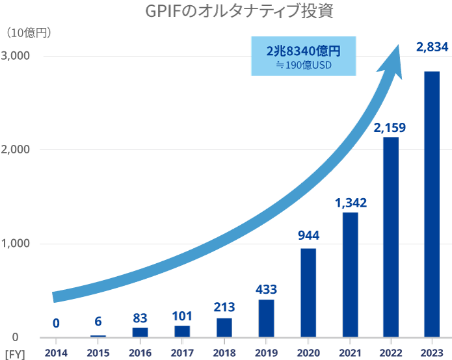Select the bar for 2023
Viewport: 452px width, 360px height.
point(432,204)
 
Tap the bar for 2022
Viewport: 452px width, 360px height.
point(390,237)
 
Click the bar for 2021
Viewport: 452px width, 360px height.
point(350,275)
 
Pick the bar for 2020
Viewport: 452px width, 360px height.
point(308,292)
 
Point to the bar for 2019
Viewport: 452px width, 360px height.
point(266,318)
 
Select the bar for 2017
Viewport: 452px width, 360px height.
point(182,331)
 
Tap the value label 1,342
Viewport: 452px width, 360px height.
point(351,203)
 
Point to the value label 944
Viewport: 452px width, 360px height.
point(308,235)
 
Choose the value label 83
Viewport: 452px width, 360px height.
point(140,318)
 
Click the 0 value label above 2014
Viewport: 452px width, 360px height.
point(56,323)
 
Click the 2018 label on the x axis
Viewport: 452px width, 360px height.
point(224,352)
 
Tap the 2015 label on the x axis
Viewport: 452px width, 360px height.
point(98,352)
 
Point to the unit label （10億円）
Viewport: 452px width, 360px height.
point(29,32)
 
